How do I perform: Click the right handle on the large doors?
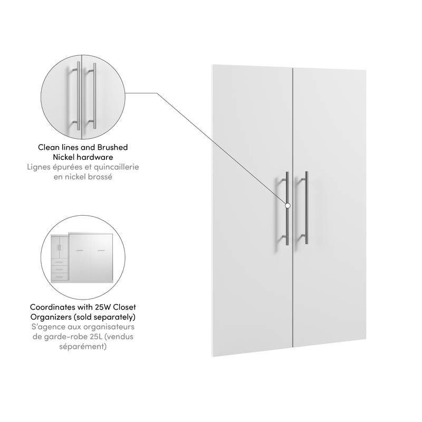click(306, 208)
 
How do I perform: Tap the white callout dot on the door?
click(287, 205)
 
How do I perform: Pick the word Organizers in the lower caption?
click(60, 317)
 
